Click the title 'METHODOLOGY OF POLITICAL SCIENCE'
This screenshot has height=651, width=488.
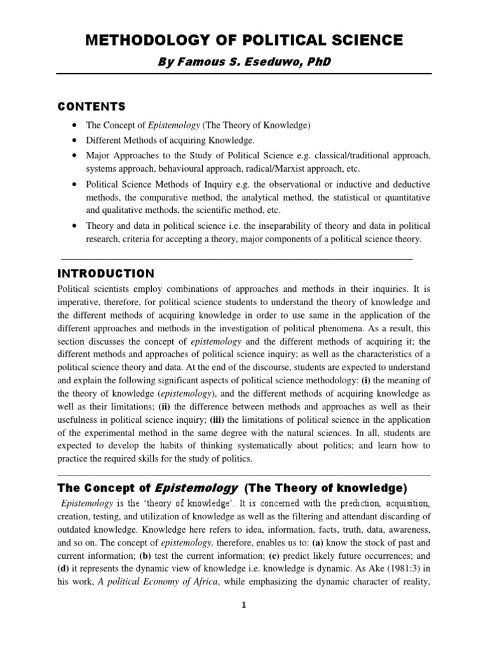pyautogui.click(x=244, y=40)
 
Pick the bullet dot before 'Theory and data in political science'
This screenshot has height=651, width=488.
pyautogui.click(x=76, y=226)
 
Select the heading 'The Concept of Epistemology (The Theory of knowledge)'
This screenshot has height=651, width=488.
pyautogui.click(x=232, y=488)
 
